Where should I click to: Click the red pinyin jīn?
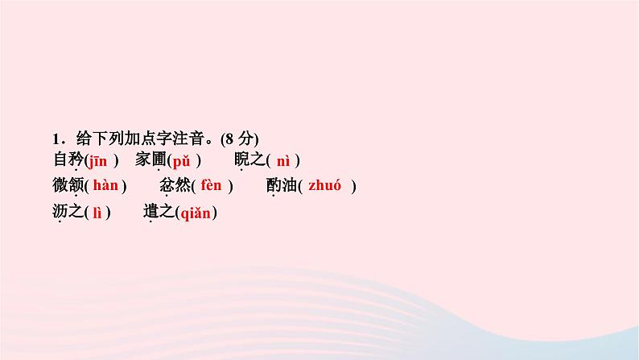click(x=97, y=160)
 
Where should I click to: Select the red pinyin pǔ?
click(x=181, y=160)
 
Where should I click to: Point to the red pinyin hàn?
click(x=105, y=186)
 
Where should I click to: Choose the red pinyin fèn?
click(x=211, y=186)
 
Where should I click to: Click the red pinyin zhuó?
click(x=325, y=186)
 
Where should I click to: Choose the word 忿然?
click(x=175, y=186)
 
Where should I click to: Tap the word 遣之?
click(x=157, y=213)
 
